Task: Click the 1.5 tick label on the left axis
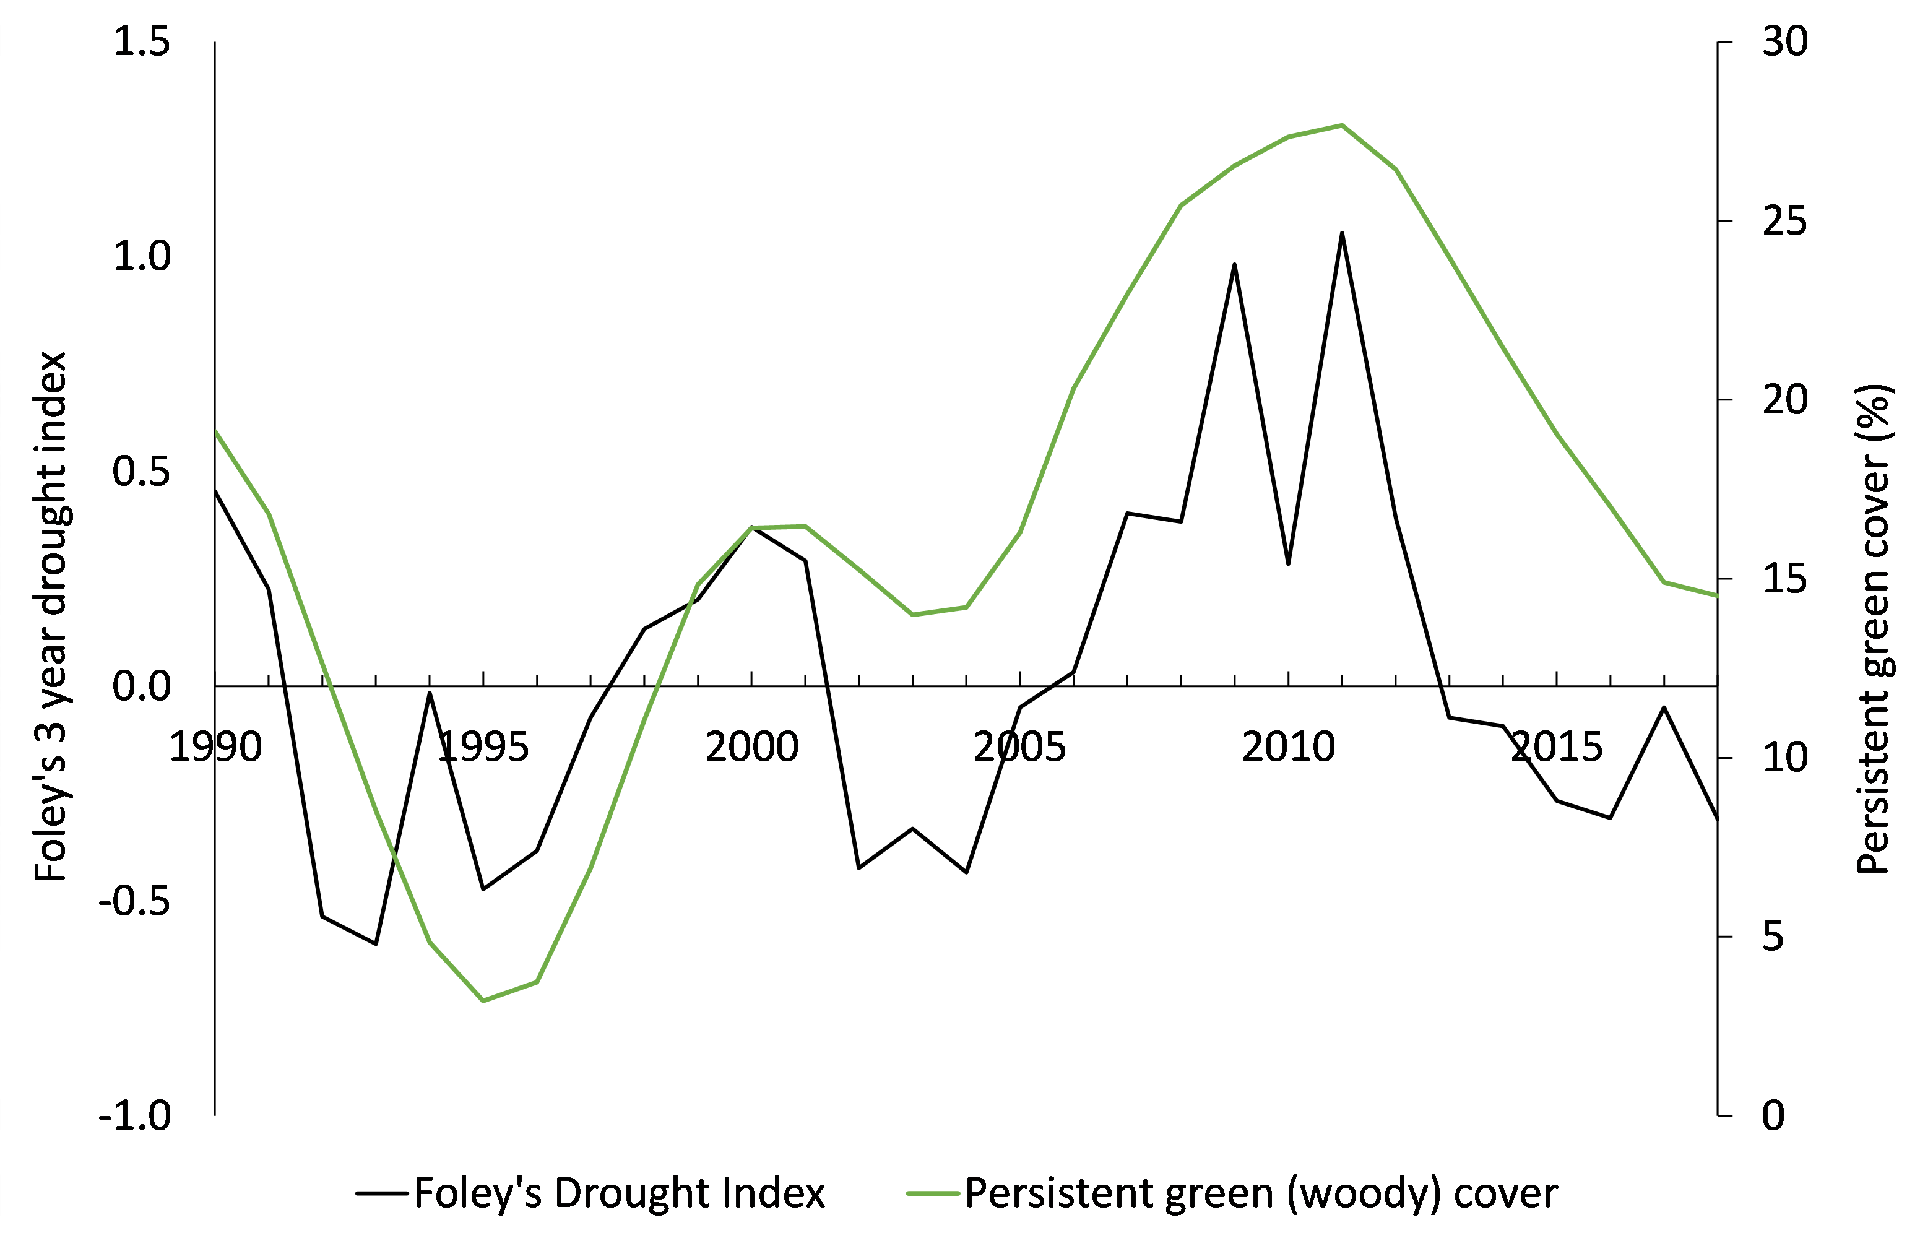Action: (x=142, y=41)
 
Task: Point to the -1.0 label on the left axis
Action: (x=134, y=1115)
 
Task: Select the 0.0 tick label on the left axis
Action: (x=142, y=686)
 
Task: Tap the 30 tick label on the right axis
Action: (x=1785, y=41)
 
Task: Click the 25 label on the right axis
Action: (x=1785, y=221)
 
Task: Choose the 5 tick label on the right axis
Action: (x=1773, y=936)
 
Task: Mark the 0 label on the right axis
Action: (x=1773, y=1115)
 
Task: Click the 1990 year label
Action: (x=215, y=748)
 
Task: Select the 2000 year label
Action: (x=751, y=748)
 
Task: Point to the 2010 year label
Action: (x=1289, y=748)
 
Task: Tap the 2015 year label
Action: (x=1556, y=748)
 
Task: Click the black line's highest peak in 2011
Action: (x=1342, y=233)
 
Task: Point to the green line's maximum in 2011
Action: (x=1342, y=125)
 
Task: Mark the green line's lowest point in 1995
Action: (x=483, y=1001)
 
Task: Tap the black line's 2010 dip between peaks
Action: (x=1289, y=564)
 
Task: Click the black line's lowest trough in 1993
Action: (x=376, y=944)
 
